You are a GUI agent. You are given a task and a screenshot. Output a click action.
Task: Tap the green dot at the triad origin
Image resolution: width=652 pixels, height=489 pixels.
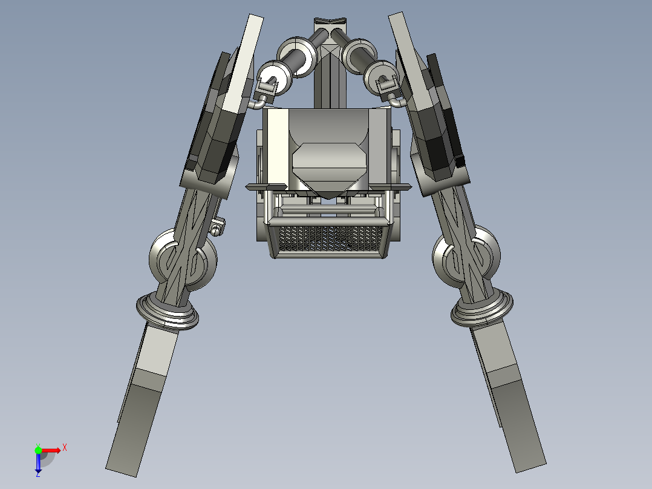coord(38,450)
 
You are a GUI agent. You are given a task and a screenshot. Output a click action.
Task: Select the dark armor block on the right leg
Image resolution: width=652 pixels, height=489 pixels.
coord(438,142)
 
